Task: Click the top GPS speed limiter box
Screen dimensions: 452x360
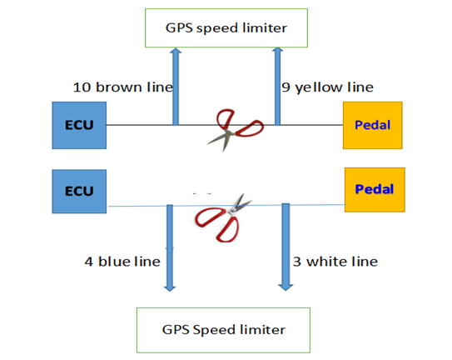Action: pyautogui.click(x=226, y=28)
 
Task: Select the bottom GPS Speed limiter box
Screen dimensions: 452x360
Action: pyautogui.click(x=223, y=330)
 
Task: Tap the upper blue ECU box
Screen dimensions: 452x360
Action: pyautogui.click(x=79, y=125)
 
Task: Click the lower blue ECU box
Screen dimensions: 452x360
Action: pyautogui.click(x=79, y=192)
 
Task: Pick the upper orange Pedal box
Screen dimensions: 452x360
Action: pyautogui.click(x=373, y=125)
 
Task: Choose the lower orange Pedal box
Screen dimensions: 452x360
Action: pyautogui.click(x=375, y=190)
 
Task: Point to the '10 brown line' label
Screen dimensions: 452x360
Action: pyautogui.click(x=123, y=87)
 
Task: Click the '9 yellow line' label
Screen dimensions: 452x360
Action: pyautogui.click(x=327, y=87)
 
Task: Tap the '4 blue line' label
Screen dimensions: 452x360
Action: pyautogui.click(x=122, y=262)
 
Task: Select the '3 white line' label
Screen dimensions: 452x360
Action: pyautogui.click(x=335, y=262)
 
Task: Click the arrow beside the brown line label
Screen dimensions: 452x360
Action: pyautogui.click(x=176, y=87)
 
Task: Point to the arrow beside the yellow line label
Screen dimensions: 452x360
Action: pyautogui.click(x=277, y=87)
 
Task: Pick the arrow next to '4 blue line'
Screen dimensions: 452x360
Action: pyautogui.click(x=170, y=248)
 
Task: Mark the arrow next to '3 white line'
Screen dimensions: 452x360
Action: pyautogui.click(x=286, y=247)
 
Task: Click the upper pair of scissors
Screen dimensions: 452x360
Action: pyautogui.click(x=236, y=130)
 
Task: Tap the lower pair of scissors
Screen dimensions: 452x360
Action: pyautogui.click(x=224, y=217)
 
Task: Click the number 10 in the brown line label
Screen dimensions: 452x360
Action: pyautogui.click(x=82, y=87)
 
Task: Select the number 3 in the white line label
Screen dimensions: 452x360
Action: pyautogui.click(x=297, y=262)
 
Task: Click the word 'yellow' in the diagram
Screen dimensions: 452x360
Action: pyautogui.click(x=319, y=87)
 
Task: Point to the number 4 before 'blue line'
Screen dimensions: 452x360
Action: pyautogui.click(x=89, y=262)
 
